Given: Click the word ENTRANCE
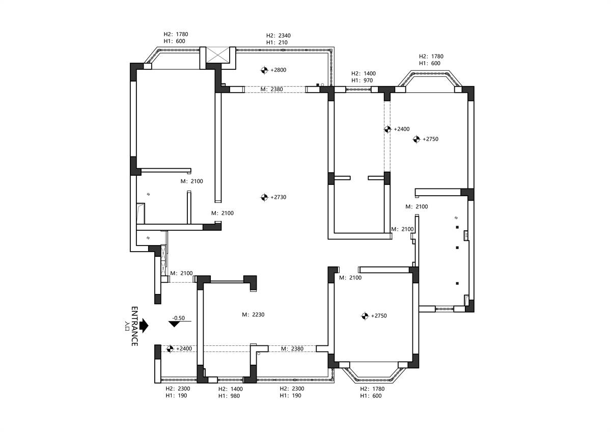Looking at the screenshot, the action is tap(134, 326).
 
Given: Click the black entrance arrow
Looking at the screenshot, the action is tap(144, 326).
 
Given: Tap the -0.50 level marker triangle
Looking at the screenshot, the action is tap(174, 324).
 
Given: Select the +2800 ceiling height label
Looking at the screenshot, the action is tap(278, 70).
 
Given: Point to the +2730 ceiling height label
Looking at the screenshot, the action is tap(278, 197).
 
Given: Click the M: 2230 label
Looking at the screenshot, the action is tap(253, 315).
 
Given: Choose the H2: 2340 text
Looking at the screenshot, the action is tap(278, 36).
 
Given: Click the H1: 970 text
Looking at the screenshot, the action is tap(362, 80).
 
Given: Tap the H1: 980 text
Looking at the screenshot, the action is tap(229, 396).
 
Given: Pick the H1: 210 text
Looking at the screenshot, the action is tap(277, 43).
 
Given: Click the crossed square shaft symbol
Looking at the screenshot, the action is tap(218, 55).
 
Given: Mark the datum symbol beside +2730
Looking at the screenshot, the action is tap(264, 197).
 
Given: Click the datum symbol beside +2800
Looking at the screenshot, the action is tap(264, 70).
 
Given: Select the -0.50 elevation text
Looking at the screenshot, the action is tap(178, 318).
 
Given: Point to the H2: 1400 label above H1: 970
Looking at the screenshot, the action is tap(364, 73).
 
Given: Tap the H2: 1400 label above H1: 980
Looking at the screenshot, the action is tap(231, 389).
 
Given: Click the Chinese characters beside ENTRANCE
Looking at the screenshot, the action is tap(127, 326).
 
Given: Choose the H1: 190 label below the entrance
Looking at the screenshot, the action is tap(176, 396).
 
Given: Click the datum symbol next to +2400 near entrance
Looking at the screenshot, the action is tap(170, 349).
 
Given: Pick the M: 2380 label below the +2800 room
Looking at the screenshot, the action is tap(272, 89).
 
